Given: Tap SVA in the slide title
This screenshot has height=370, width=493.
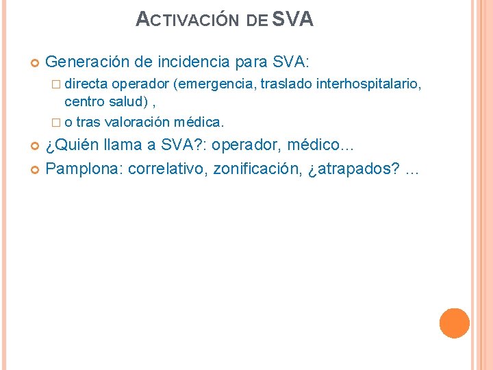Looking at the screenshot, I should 293,19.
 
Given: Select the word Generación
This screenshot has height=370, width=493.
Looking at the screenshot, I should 87,63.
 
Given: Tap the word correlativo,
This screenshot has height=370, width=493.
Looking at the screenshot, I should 166,169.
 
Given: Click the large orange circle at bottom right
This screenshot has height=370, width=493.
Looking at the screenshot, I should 454,323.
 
